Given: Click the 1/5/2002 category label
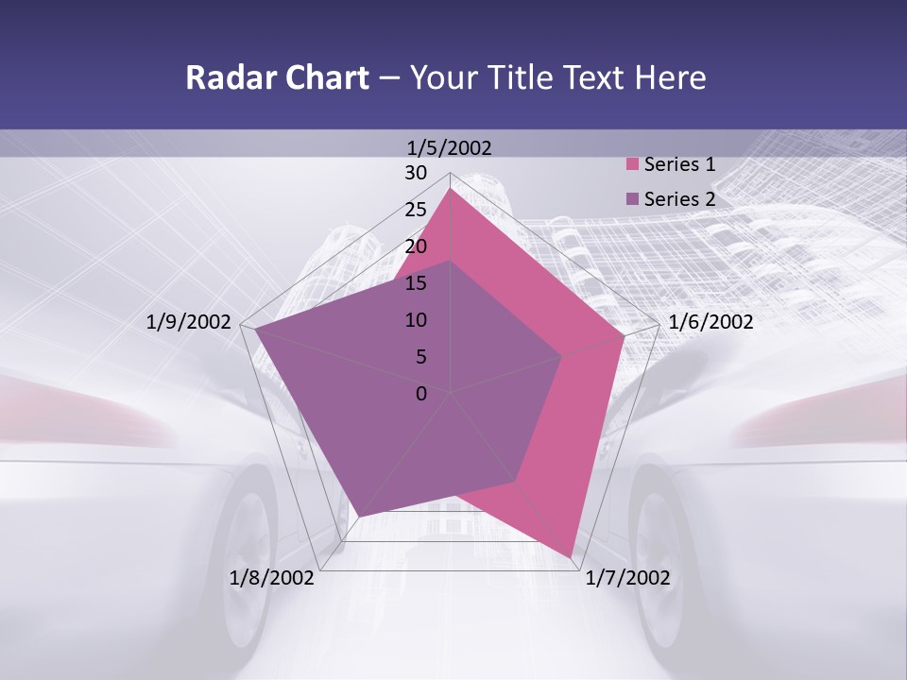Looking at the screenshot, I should [x=449, y=147].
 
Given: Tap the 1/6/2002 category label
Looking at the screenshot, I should [x=710, y=322].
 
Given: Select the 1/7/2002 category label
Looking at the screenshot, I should [x=627, y=578].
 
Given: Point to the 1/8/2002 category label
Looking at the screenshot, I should [x=272, y=578].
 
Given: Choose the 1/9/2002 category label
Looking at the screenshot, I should [x=189, y=322].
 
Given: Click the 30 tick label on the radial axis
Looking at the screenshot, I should [x=416, y=173].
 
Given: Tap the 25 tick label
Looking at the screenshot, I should [x=416, y=210].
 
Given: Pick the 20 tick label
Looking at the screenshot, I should [x=416, y=246].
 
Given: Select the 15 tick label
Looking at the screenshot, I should [x=416, y=283].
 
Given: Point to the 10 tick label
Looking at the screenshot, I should [x=416, y=320].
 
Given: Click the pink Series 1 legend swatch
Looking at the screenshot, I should [x=633, y=164].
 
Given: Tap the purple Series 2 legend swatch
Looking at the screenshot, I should [x=633, y=199].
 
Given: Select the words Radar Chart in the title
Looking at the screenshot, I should [x=277, y=77].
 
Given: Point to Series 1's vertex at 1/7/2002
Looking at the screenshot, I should [x=572, y=557].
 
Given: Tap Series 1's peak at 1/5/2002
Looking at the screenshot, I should [x=451, y=189].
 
